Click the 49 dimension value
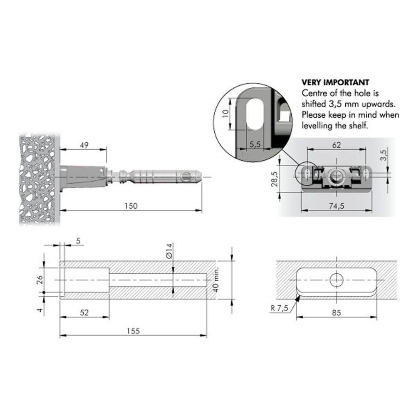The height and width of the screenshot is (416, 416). [84, 145]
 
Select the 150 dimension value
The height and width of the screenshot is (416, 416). [131, 206]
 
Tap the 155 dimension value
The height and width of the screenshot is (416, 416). [133, 331]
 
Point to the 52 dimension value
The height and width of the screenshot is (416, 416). [84, 312]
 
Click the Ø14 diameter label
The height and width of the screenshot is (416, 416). [169, 251]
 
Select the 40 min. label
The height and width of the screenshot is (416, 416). [216, 280]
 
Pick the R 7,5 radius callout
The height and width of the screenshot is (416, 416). [279, 308]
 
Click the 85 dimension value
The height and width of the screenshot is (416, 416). [336, 312]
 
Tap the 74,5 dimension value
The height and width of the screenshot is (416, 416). [337, 206]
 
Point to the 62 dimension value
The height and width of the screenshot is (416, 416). [337, 145]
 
